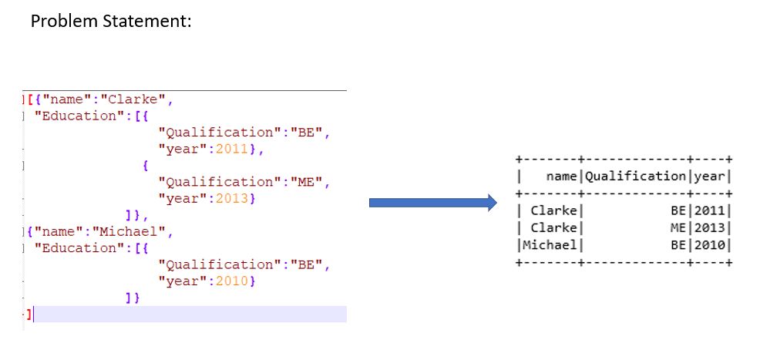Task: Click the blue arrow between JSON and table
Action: pyautogui.click(x=432, y=203)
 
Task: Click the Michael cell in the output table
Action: pyautogui.click(x=550, y=244)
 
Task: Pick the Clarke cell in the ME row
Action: pyautogui.click(x=554, y=227)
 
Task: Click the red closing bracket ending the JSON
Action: pyautogui.click(x=29, y=314)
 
